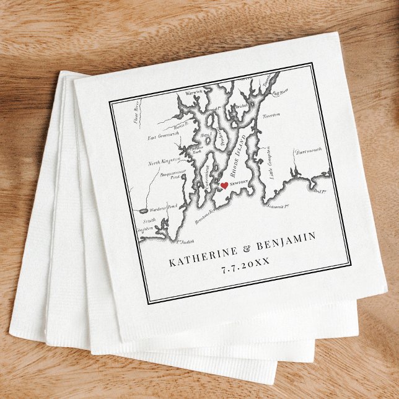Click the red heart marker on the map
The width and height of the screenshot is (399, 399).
(224, 186)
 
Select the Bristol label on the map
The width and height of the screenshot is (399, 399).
(241, 107)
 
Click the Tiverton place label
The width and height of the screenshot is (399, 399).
(271, 115)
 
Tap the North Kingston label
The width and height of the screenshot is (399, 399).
(164, 162)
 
